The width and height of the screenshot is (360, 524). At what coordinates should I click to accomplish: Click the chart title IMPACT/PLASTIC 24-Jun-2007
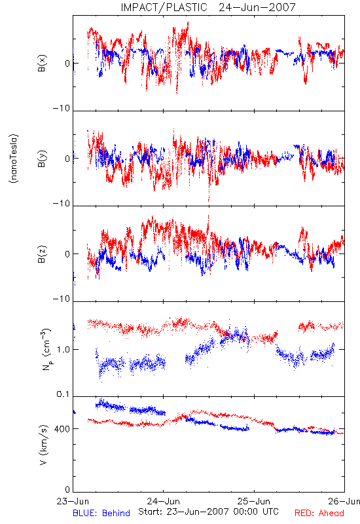pos(208,7)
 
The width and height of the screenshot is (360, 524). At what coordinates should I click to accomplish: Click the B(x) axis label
pos(42,63)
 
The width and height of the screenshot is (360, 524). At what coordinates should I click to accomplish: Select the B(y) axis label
pos(42,159)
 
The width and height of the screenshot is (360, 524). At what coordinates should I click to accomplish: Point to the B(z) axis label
pos(42,254)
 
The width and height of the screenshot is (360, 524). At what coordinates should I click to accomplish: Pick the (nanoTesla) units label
pos(14,159)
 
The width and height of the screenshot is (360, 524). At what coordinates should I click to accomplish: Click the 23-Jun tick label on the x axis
pos(73,501)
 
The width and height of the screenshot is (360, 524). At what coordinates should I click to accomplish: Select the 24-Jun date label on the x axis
pos(163,501)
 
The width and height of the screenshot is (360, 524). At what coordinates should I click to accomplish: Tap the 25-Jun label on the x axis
pos(254,501)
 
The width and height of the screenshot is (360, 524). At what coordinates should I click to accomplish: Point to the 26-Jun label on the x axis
pos(344,501)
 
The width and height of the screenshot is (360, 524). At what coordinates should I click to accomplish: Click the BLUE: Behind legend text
pos(101,513)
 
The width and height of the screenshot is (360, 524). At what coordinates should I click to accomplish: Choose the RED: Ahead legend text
pos(319,513)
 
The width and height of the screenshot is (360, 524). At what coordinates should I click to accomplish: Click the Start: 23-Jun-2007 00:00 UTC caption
pos(208,512)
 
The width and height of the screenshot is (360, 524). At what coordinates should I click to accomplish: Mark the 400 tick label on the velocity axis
pos(62,429)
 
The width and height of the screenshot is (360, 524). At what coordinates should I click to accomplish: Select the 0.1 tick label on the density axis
pos(63,394)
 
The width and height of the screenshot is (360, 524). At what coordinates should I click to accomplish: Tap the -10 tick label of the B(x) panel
pos(62,108)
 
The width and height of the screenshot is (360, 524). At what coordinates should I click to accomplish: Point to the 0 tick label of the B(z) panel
pos(67,254)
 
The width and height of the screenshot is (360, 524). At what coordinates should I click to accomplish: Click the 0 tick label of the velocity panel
pos(67,489)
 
